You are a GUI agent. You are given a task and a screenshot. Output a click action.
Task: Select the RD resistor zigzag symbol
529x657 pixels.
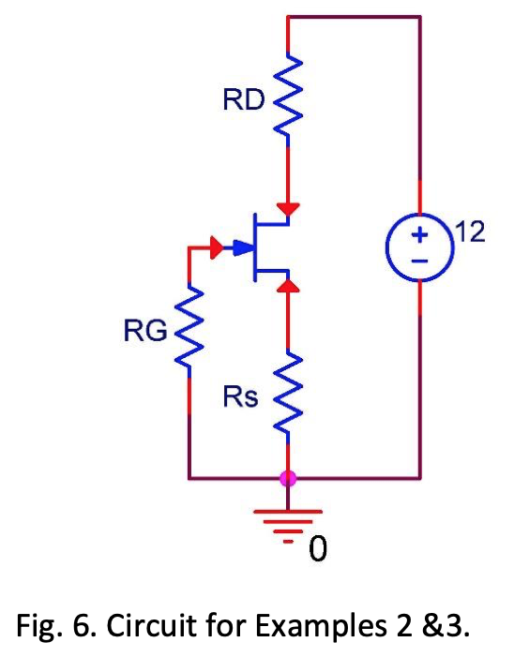pyautogui.click(x=288, y=99)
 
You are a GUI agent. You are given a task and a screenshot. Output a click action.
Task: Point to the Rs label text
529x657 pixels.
pyautogui.click(x=241, y=397)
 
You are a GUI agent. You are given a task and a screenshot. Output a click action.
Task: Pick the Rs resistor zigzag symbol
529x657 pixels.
pyautogui.click(x=288, y=394)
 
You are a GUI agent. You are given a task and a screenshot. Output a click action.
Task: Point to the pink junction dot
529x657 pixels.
pyautogui.click(x=288, y=479)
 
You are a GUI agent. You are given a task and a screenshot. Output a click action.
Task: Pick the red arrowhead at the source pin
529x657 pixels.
pyautogui.click(x=288, y=284)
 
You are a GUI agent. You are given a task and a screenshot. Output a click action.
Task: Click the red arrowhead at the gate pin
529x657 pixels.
pyautogui.click(x=218, y=248)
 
